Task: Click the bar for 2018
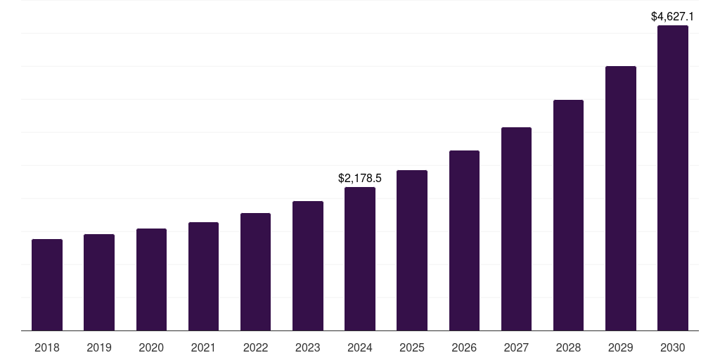pos(47,285)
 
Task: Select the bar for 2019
pos(99,282)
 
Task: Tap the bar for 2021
pos(203,276)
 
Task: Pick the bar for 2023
pos(308,266)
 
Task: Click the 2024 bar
pos(360,259)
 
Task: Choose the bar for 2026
pos(464,240)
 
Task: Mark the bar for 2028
pos(568,215)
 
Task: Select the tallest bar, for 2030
pos(673,178)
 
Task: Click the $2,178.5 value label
pos(360,179)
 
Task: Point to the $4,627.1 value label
pos(673,16)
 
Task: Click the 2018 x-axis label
pos(47,347)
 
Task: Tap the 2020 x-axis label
pos(151,347)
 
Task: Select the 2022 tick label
pos(255,347)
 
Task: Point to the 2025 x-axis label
pos(412,347)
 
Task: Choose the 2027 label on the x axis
pos(516,347)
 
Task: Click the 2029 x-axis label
pos(621,347)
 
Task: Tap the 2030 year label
pos(673,347)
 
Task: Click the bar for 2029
pos(621,198)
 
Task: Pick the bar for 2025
pos(412,250)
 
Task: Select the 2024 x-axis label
pos(360,347)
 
